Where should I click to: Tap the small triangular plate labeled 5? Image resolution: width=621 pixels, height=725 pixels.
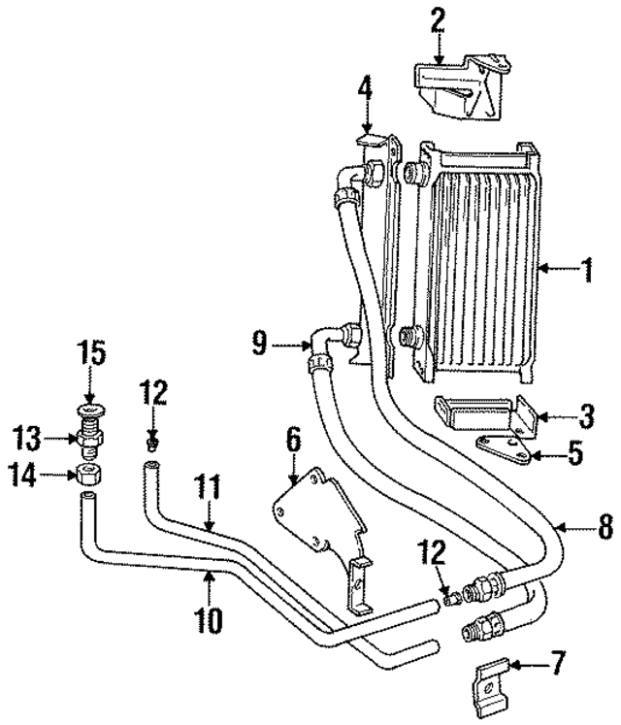click(x=505, y=448)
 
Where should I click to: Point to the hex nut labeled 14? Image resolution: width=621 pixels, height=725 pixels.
click(x=89, y=475)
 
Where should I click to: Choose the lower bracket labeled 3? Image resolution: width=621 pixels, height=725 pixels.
click(x=485, y=413)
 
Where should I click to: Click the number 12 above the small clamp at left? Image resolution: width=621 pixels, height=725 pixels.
click(x=152, y=393)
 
